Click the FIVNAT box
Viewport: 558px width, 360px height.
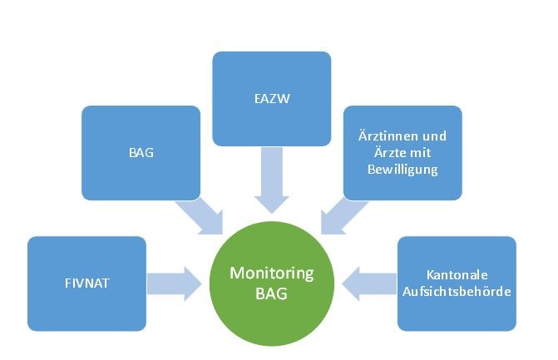pyautogui.click(x=86, y=284)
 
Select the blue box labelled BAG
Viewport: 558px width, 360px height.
pyautogui.click(x=141, y=152)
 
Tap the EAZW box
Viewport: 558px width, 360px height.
pyautogui.click(x=271, y=98)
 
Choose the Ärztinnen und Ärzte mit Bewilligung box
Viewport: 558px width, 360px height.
pyautogui.click(x=402, y=152)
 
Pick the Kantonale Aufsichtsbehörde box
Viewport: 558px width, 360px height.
pyautogui.click(x=456, y=284)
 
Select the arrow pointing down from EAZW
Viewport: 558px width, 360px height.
pyautogui.click(x=271, y=180)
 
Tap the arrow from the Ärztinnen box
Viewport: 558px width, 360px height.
pyautogui.click(x=342, y=215)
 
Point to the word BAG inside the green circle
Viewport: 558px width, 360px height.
pyautogui.click(x=271, y=293)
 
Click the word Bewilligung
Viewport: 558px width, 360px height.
pyautogui.click(x=402, y=169)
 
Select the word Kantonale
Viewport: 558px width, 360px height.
pyautogui.click(x=456, y=275)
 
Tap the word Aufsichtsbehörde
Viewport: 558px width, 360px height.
pyautogui.click(x=456, y=292)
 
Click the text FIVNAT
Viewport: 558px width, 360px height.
pyautogui.click(x=86, y=284)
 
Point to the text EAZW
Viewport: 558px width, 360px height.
pyautogui.click(x=271, y=98)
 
